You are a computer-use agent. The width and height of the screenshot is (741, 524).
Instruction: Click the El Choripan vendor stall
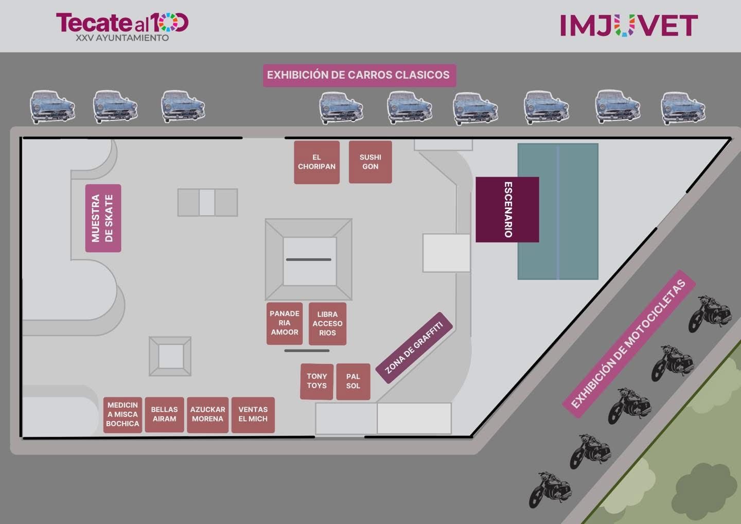pos(316,162)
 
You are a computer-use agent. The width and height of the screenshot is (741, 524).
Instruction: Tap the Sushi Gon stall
pos(370,162)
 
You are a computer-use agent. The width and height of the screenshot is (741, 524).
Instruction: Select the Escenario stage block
pos(507,209)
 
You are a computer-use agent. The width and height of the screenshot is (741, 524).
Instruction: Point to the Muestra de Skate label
pos(103,218)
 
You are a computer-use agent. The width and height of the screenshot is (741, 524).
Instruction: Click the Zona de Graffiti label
pos(414,348)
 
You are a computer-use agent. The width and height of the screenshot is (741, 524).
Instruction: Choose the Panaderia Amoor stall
pos(285,323)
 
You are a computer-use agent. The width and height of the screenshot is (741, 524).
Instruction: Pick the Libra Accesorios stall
pos(327,323)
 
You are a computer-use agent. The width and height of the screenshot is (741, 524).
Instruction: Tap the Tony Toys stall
pos(316,381)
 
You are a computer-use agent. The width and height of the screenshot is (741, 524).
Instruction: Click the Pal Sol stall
pos(353,381)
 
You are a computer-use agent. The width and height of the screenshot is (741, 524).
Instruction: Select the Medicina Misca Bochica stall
pos(122,415)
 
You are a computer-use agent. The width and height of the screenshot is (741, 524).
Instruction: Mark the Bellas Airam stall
pos(164,415)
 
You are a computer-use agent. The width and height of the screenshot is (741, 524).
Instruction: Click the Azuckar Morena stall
pos(207,415)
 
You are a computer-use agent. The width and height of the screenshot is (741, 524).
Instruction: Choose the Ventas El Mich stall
pos(253,415)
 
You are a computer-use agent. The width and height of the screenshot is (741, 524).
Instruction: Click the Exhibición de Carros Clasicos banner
pos(359,75)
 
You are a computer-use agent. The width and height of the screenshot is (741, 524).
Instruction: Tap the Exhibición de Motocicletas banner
pos(629,344)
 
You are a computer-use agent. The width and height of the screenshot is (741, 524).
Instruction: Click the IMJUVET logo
pos(628,25)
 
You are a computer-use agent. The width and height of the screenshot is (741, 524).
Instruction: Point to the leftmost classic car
pos(52,107)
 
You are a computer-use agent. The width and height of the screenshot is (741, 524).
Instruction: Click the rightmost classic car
pos(683,108)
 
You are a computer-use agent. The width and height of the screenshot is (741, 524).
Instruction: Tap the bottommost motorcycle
pos(550,488)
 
